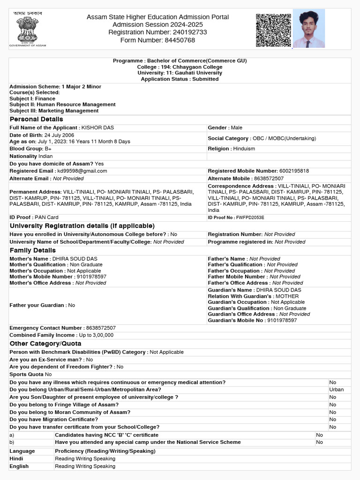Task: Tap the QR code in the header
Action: point(273,30)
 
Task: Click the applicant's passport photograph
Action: point(308,29)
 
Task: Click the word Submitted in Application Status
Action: point(205,79)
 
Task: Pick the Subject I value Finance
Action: point(45,99)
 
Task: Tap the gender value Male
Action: point(236,127)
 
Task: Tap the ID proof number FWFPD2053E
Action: point(250,217)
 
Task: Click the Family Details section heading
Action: point(32,250)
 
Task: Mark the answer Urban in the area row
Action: point(336,390)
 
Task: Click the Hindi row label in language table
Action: point(16,458)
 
